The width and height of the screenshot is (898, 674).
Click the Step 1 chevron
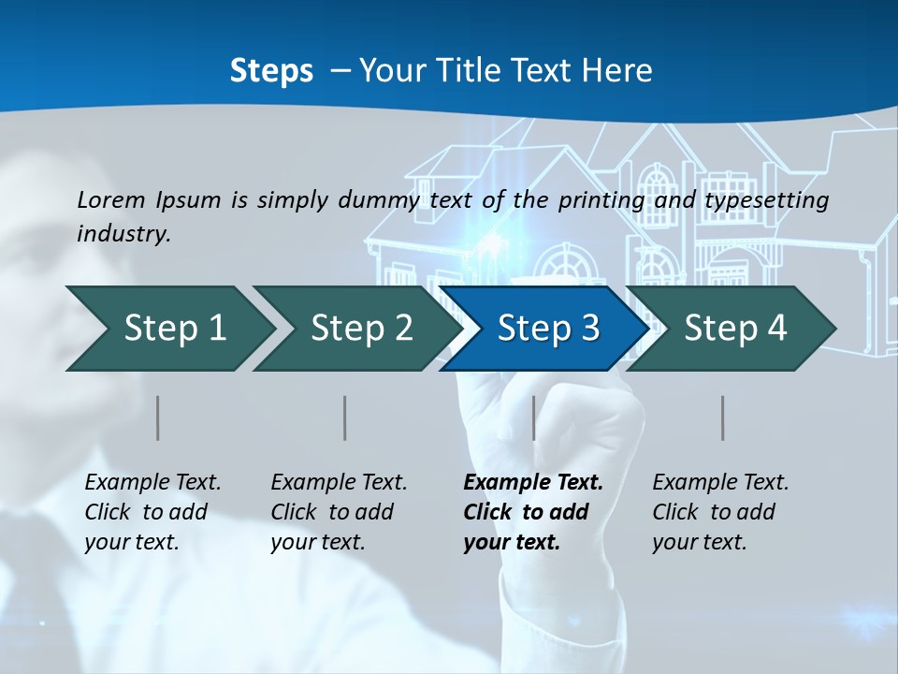click(x=174, y=329)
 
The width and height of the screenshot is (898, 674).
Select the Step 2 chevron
click(x=361, y=329)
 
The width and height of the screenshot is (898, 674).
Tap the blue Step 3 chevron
click(x=547, y=329)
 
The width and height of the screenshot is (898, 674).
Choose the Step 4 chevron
click(x=734, y=329)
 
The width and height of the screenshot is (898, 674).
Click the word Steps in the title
click(x=271, y=71)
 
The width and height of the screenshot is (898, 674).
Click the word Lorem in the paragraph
click(x=111, y=200)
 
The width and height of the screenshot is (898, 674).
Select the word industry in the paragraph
click(x=123, y=234)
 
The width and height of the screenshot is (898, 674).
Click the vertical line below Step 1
click(x=158, y=418)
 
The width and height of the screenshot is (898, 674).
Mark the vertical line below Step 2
click(x=345, y=418)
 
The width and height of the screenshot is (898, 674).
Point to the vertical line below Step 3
click(x=534, y=418)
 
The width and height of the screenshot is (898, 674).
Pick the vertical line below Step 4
click(x=723, y=418)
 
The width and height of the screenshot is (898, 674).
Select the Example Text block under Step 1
click(x=152, y=512)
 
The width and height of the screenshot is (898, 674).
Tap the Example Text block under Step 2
click(x=339, y=512)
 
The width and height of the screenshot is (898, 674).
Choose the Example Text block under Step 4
click(x=720, y=512)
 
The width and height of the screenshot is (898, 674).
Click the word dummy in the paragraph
click(x=378, y=200)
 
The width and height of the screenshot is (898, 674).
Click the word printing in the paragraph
click(x=601, y=200)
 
